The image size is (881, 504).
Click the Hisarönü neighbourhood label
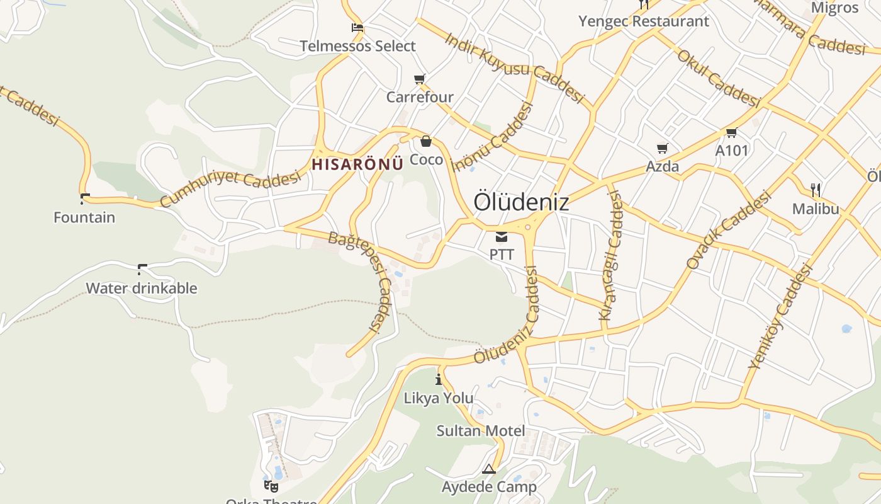coord(357,164)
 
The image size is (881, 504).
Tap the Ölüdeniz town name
coord(521,202)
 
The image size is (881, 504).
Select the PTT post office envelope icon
coord(502,237)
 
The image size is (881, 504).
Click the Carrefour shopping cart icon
coord(420,79)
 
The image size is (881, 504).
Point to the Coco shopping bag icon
coord(426,141)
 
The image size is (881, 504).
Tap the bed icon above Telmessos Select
coord(357,28)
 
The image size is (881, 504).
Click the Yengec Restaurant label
coord(643,21)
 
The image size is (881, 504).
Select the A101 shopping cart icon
coord(731,133)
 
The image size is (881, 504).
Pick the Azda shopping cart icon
coord(662,149)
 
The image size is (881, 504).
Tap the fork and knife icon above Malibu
coord(816,189)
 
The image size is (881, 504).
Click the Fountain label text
coord(84,217)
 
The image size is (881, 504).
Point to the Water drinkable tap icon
coord(142,270)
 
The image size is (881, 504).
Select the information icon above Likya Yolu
coord(439,380)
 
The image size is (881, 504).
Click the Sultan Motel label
coord(481,431)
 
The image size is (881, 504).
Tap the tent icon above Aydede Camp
coord(489,469)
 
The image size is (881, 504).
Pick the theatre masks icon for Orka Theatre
coord(271,486)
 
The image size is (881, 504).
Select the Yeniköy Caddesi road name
coord(780,316)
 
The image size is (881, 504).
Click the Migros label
coord(835,8)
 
